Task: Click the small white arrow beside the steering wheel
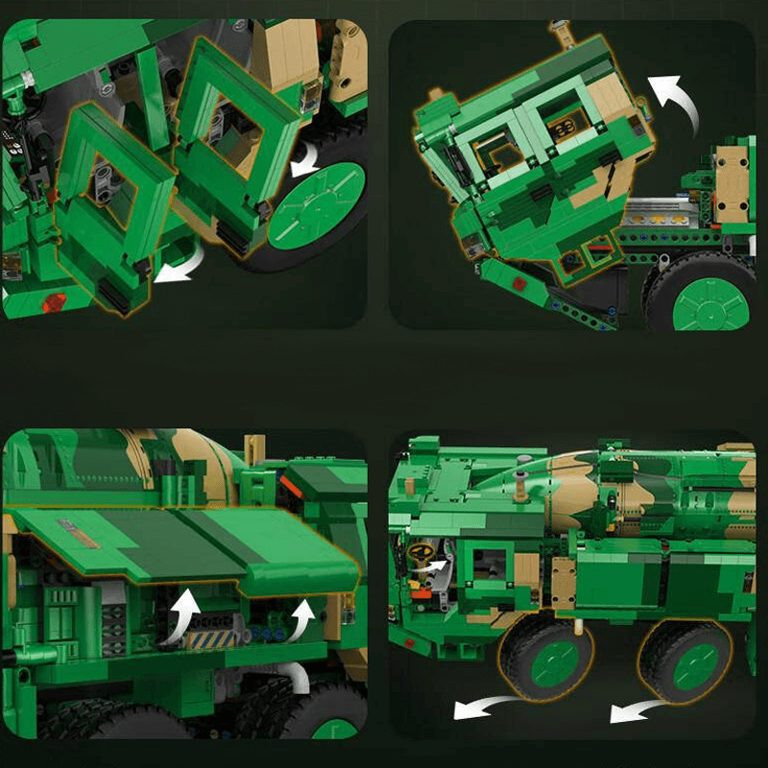pyautogui.click(x=438, y=568)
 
